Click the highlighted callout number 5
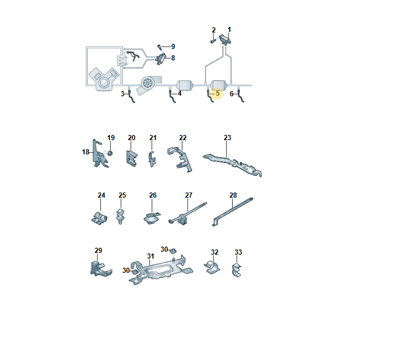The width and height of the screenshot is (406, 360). click(217, 93)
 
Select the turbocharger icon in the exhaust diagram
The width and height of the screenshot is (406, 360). click(149, 84)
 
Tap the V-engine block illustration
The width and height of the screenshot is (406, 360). click(104, 79)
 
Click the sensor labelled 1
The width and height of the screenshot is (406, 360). click(225, 39)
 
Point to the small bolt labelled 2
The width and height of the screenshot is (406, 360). click(213, 41)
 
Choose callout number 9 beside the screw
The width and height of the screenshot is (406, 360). click(173, 47)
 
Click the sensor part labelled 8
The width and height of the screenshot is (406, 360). click(161, 59)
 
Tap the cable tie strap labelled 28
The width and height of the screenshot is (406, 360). click(232, 212)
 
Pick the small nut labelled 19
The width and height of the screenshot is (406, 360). click(110, 153)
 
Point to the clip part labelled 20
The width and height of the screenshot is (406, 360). click(132, 158)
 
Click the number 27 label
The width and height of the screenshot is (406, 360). click(189, 195)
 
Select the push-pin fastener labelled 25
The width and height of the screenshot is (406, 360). click(120, 216)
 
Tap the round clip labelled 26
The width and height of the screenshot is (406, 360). click(152, 218)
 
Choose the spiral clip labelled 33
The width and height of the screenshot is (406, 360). click(237, 270)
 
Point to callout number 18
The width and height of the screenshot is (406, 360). click(86, 152)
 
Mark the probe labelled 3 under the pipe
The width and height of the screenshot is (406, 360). click(131, 96)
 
